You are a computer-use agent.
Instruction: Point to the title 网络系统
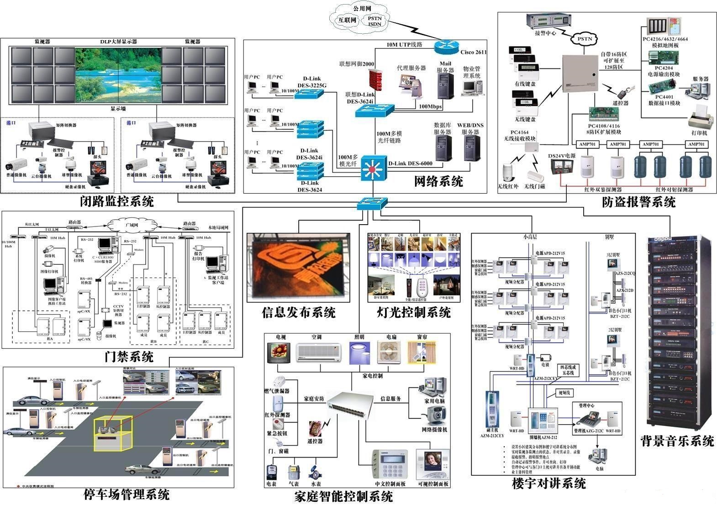coord(438,182)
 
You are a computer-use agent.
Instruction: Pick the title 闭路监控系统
coord(117,201)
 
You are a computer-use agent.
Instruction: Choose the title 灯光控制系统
coord(414,312)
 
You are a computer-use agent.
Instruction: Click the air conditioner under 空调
coord(319,352)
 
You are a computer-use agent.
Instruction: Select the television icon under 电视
coord(279,353)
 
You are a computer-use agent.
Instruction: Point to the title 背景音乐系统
coord(677,441)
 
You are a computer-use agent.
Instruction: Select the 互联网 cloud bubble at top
coord(347,20)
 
